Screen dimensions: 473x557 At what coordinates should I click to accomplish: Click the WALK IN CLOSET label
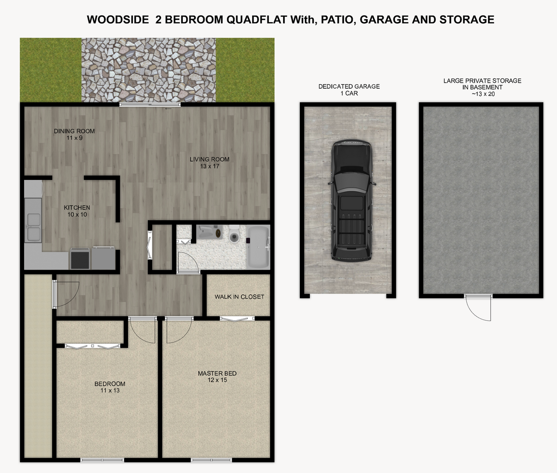point(239,297)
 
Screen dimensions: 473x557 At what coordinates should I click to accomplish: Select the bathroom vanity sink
point(209,232)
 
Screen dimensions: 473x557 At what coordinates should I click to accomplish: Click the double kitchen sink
point(33,226)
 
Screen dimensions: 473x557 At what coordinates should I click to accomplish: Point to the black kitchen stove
point(80,259)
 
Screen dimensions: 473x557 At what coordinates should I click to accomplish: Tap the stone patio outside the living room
point(148,70)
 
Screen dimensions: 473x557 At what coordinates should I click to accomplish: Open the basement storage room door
point(479,307)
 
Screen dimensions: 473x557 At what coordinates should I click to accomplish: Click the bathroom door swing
point(187,261)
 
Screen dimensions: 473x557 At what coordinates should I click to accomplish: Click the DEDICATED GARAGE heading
point(349,87)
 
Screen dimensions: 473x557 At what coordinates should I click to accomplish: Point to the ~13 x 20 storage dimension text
point(482,94)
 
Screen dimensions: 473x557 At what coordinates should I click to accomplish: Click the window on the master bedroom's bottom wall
point(204,460)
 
